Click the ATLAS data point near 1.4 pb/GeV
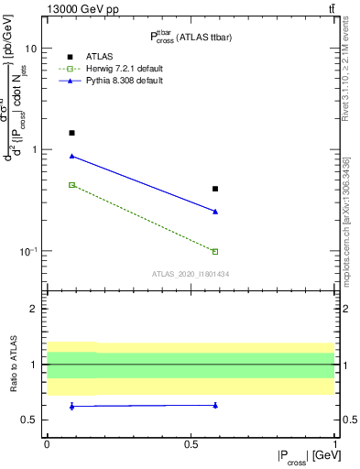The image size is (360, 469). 72,133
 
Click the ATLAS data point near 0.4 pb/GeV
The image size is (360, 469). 215,189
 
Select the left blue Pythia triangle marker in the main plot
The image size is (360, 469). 72,156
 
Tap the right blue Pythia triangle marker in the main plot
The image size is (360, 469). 215,212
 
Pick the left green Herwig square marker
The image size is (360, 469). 72,185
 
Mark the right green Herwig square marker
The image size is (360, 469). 215,251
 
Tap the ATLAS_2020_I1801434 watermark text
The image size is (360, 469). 190,274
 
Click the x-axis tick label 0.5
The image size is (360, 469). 191,442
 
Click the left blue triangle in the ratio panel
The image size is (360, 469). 72,406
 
